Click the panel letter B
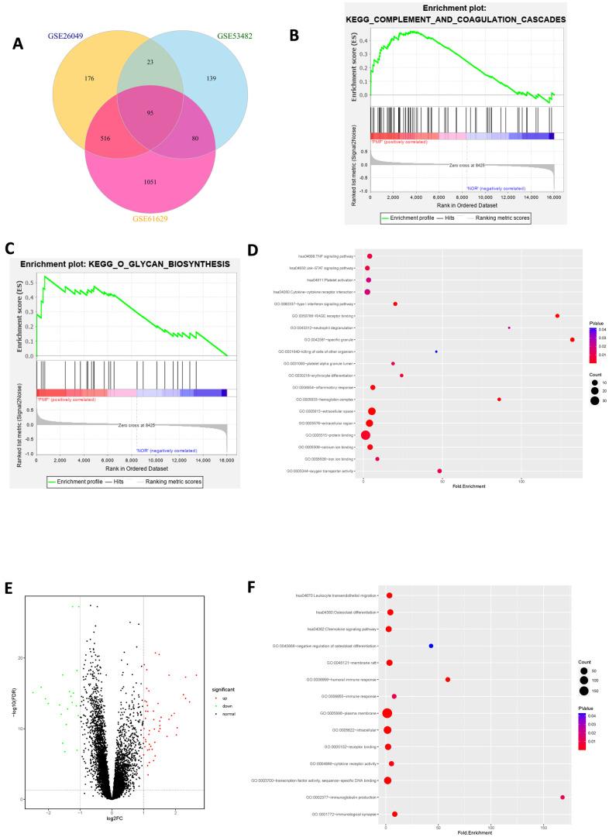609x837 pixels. point(294,35)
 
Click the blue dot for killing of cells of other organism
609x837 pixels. point(436,352)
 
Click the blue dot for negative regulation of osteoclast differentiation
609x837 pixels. point(431,646)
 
